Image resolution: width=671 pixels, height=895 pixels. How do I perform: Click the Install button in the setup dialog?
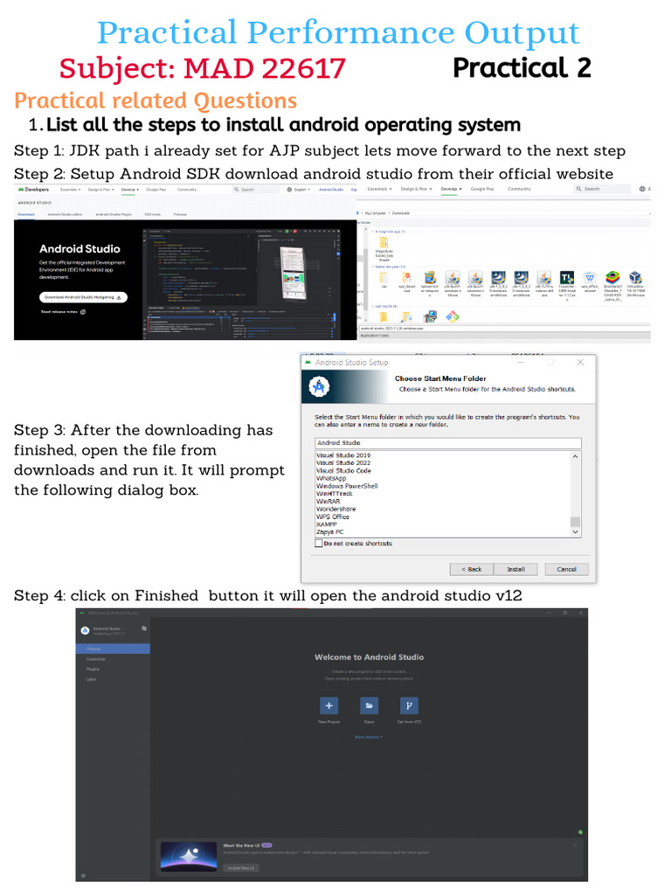coord(516,569)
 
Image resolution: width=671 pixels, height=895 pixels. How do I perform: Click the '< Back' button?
coord(471,569)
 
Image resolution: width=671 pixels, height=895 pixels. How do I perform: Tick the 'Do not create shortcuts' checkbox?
coord(319,544)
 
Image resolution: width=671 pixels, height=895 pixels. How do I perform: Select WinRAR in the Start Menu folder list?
coord(333,502)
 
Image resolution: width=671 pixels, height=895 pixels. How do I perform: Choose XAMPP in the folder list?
coord(331,524)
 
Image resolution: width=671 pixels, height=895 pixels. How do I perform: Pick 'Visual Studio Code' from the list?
coord(343,470)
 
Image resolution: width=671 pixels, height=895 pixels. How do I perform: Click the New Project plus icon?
coord(329,705)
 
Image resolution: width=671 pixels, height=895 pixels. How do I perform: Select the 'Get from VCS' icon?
coord(409,705)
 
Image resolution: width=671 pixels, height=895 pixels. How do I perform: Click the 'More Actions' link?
coord(368,737)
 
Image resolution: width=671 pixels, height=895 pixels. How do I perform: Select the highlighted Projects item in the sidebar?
coord(114,649)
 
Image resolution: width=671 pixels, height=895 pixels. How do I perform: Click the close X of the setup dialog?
coord(580,362)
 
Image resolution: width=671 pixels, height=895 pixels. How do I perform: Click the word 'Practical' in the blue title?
coord(167,33)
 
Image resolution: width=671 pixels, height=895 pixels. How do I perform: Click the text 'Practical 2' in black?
coord(522,67)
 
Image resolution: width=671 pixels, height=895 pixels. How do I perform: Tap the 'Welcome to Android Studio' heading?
coord(369,657)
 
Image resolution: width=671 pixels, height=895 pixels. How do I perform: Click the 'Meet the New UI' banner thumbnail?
coord(189,857)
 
